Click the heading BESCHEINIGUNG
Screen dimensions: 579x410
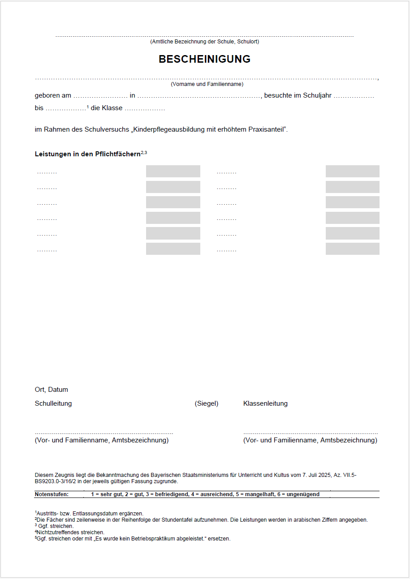(x=204, y=59)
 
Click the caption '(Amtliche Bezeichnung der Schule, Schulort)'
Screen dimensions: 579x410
(x=204, y=42)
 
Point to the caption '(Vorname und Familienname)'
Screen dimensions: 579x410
(x=207, y=84)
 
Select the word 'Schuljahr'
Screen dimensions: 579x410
(x=317, y=95)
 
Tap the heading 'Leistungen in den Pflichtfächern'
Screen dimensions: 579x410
(x=88, y=154)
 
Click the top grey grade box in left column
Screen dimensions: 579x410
(x=173, y=172)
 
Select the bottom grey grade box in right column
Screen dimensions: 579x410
(x=352, y=249)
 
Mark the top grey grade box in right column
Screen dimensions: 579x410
(x=352, y=172)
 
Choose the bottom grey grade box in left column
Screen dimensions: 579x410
(x=173, y=249)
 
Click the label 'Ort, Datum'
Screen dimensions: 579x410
(x=52, y=390)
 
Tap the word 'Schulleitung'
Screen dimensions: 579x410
(x=53, y=403)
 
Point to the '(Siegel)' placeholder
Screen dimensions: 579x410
(x=207, y=403)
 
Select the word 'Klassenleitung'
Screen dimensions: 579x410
(x=265, y=403)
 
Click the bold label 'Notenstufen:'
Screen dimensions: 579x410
(x=52, y=494)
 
